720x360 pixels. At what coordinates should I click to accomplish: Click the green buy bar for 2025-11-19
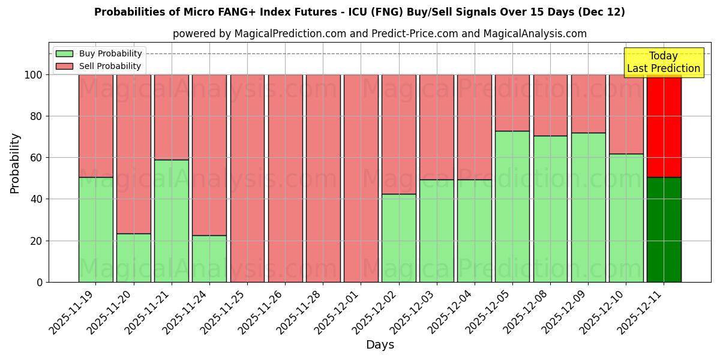coord(95,229)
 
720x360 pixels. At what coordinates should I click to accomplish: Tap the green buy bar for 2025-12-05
coord(512,206)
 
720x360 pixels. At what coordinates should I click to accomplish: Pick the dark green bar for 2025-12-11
coord(664,229)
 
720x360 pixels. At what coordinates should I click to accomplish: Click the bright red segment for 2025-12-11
coord(664,126)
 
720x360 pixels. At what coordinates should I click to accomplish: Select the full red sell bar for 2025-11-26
coord(285,178)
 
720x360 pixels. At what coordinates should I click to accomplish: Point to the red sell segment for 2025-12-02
coord(398,134)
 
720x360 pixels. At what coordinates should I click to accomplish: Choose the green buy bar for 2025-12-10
coord(626,218)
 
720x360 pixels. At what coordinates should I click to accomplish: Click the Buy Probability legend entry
coord(99,53)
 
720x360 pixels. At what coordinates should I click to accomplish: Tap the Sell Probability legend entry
coord(99,66)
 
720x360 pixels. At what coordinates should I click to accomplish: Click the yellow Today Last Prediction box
coord(663,62)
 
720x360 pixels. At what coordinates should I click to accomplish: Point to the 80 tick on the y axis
coord(37,116)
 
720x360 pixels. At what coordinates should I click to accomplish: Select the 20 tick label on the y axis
coord(37,241)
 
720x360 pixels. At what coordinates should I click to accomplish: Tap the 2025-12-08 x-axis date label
coord(526,312)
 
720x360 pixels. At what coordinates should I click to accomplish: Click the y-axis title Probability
coord(15,163)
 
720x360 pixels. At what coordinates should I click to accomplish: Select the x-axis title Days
coord(380,345)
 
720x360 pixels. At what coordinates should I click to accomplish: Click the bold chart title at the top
coord(359,12)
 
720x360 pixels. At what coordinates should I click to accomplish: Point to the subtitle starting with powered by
coord(379,34)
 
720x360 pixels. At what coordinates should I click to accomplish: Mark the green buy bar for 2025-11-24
coord(209,259)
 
